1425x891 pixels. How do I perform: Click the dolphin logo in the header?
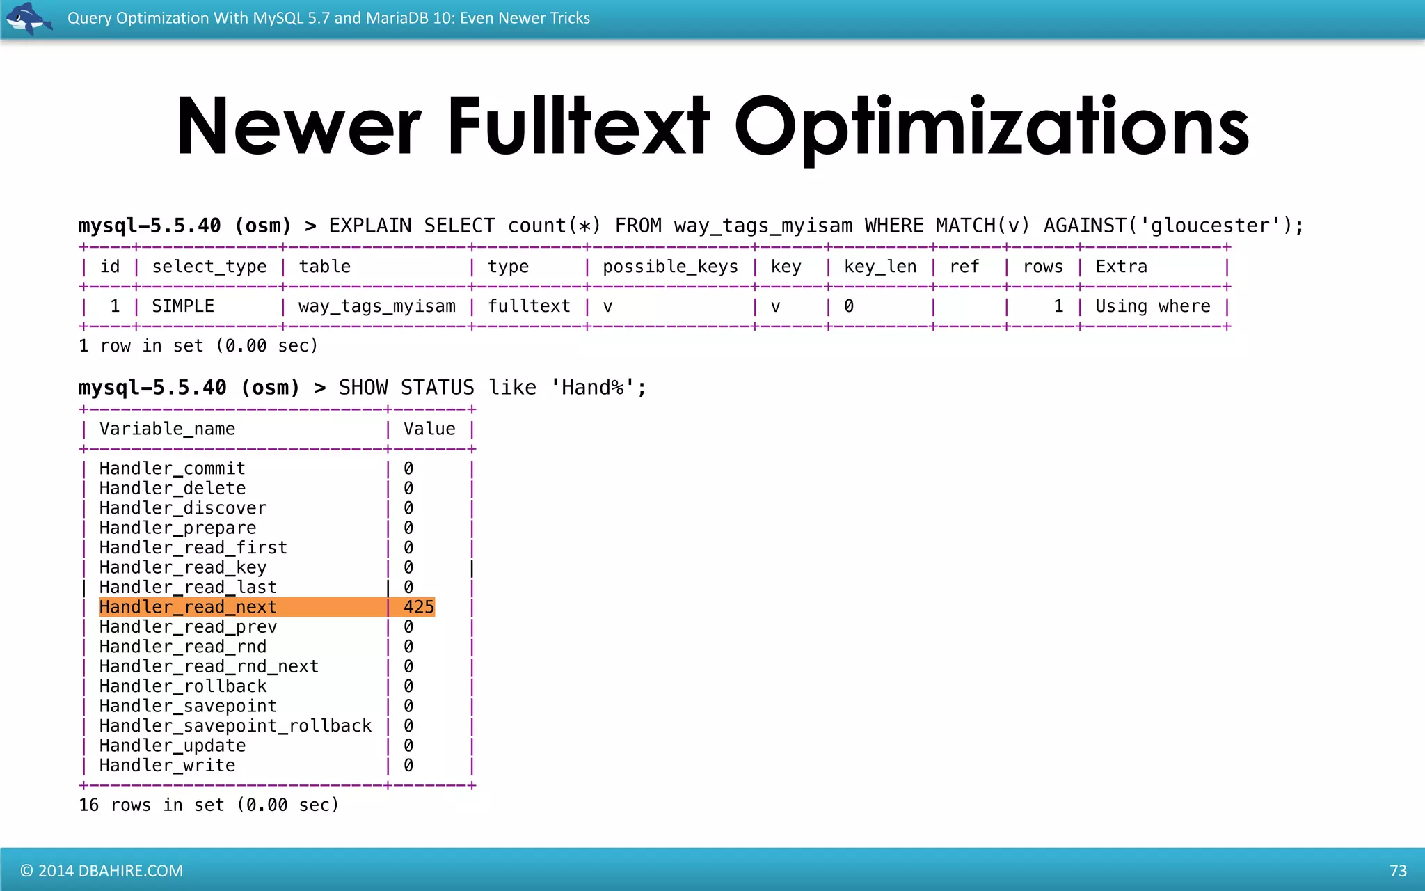point(28,18)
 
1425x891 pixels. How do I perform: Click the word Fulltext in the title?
point(578,127)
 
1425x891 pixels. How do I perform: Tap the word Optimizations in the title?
point(992,127)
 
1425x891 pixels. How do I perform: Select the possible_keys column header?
point(670,267)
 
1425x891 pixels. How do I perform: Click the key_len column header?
point(880,267)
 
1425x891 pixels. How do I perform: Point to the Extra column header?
point(1121,267)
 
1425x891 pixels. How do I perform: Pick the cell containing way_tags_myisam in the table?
point(377,306)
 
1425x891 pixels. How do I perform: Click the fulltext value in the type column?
point(529,306)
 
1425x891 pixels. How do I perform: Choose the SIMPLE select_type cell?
point(183,306)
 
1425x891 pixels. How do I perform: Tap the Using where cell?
point(1152,306)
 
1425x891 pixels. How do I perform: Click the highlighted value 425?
point(418,607)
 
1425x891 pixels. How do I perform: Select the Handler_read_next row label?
point(188,607)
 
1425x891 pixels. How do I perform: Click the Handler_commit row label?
point(172,468)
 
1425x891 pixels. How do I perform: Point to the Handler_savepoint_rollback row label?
point(235,726)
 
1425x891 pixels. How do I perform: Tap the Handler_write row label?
point(167,766)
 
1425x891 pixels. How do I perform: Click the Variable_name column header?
point(167,429)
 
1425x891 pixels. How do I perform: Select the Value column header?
point(429,429)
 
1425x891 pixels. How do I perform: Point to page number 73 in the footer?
point(1398,871)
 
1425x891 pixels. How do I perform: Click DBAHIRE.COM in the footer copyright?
point(131,871)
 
